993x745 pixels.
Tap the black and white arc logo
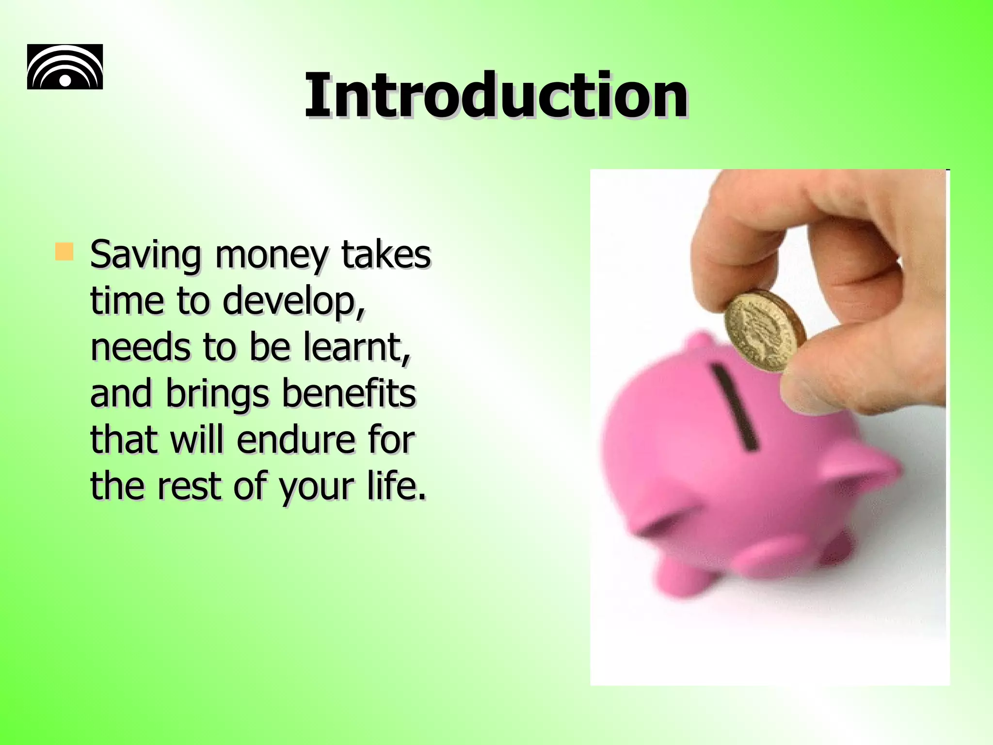pyautogui.click(x=65, y=67)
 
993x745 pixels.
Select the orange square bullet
pyautogui.click(x=64, y=252)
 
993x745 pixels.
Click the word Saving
pyautogui.click(x=145, y=256)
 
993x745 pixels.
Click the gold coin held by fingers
pyautogui.click(x=765, y=330)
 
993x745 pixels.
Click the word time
pyautogui.click(x=127, y=301)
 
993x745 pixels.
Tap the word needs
pyautogui.click(x=140, y=347)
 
